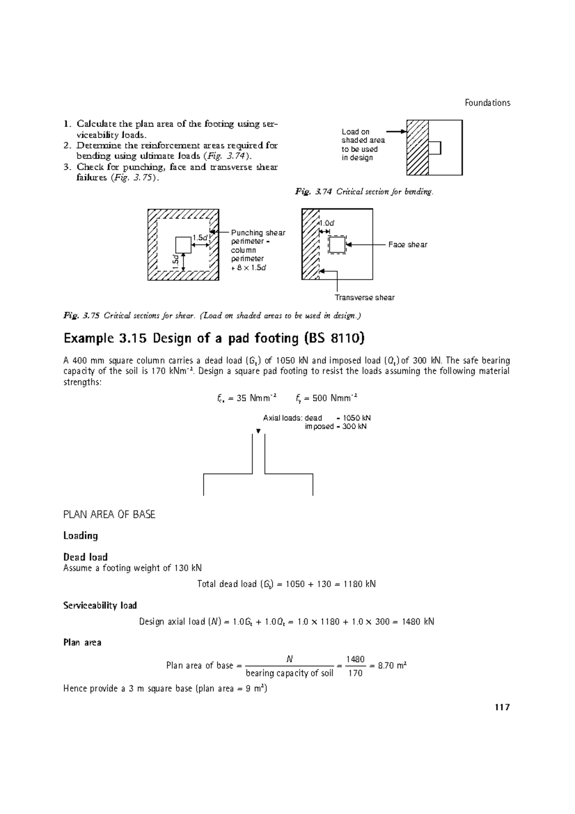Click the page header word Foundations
coord(487,103)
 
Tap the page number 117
coord(502,707)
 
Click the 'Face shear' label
coord(408,244)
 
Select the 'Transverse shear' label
coord(365,298)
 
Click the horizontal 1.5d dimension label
coord(200,238)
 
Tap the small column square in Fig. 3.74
coord(435,148)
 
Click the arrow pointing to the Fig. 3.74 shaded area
coord(396,131)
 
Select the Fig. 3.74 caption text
coord(364,192)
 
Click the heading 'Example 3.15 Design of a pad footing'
coord(214,338)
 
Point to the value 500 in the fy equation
coord(320,398)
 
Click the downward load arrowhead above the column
coord(258,431)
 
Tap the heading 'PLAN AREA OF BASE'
coord(109,514)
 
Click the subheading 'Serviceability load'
coord(100,605)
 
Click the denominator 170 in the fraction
coord(355,674)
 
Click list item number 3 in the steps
coord(67,167)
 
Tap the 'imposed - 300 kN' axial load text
coord(335,427)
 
